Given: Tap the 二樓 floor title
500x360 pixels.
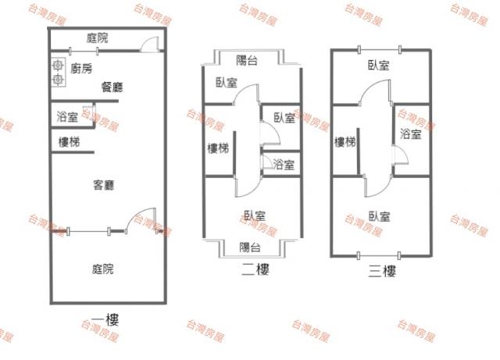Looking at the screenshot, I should [255, 270].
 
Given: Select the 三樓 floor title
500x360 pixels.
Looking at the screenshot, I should [382, 271].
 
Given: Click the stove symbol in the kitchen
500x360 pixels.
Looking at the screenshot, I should [58, 72].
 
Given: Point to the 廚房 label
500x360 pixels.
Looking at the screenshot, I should [81, 69].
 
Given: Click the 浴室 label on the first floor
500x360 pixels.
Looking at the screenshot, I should [67, 117].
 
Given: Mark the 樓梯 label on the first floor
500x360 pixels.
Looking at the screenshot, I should [68, 141].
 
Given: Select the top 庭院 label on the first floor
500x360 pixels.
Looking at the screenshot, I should [97, 37].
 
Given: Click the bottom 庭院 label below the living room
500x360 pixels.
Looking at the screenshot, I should [102, 269].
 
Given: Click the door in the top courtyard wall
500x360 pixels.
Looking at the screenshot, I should [150, 45].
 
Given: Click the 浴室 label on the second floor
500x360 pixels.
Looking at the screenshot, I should [284, 164].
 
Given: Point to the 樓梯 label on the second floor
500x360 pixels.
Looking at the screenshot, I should [218, 148].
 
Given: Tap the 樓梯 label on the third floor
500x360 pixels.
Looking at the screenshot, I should [345, 142].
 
